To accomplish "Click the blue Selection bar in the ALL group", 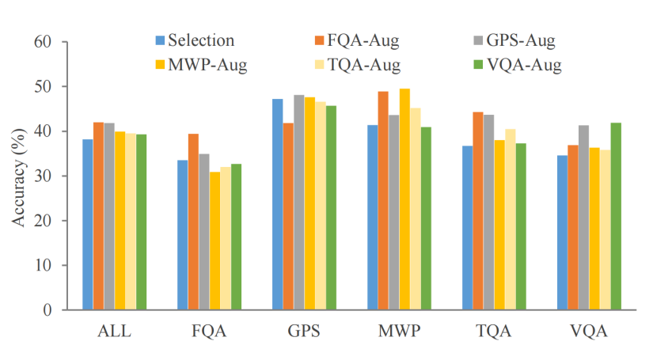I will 88,225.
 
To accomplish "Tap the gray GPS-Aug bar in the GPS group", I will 299,203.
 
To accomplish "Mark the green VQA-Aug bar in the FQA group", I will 236,237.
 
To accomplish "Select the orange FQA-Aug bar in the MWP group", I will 383,201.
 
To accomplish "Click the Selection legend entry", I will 195,40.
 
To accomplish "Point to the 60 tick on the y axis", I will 42,42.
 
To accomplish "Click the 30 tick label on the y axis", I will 42,176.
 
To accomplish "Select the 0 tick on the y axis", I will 47,310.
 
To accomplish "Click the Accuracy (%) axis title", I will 17,176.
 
